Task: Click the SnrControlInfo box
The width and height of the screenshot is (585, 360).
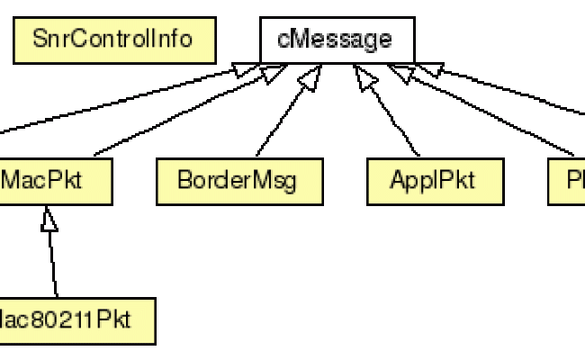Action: (x=114, y=40)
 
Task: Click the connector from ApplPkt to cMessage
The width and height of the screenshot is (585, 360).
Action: (x=391, y=117)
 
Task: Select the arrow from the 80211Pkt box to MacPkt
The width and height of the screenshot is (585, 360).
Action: (x=52, y=261)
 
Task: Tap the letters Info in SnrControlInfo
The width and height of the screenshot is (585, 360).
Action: (x=175, y=40)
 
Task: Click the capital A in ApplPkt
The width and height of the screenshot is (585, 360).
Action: (x=397, y=181)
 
